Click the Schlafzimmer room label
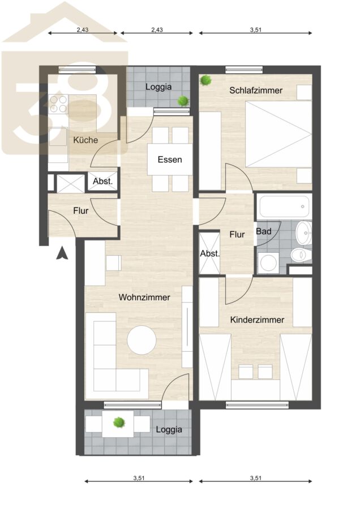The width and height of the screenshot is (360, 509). (x=256, y=90)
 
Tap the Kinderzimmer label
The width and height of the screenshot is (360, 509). (x=257, y=320)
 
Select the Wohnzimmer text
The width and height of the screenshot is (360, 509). (x=144, y=297)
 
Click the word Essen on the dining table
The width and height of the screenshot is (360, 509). (x=170, y=159)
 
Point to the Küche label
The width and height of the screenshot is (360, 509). (x=85, y=140)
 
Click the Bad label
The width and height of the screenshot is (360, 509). (x=264, y=231)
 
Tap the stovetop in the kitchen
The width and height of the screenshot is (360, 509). (x=58, y=104)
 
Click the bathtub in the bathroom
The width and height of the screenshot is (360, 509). (x=284, y=206)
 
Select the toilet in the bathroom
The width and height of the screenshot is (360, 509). (x=301, y=255)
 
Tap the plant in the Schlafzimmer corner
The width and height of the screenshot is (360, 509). (x=205, y=80)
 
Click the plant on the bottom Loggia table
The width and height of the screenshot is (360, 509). (x=119, y=422)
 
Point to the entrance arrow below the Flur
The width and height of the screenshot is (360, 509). (x=62, y=253)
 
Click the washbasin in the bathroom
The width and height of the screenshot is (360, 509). (x=304, y=233)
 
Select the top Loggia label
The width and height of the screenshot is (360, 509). (x=158, y=87)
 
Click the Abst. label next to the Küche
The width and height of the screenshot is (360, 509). (x=102, y=182)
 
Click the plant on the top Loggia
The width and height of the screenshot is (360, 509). (x=183, y=101)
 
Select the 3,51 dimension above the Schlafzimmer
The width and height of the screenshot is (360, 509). (x=256, y=30)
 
